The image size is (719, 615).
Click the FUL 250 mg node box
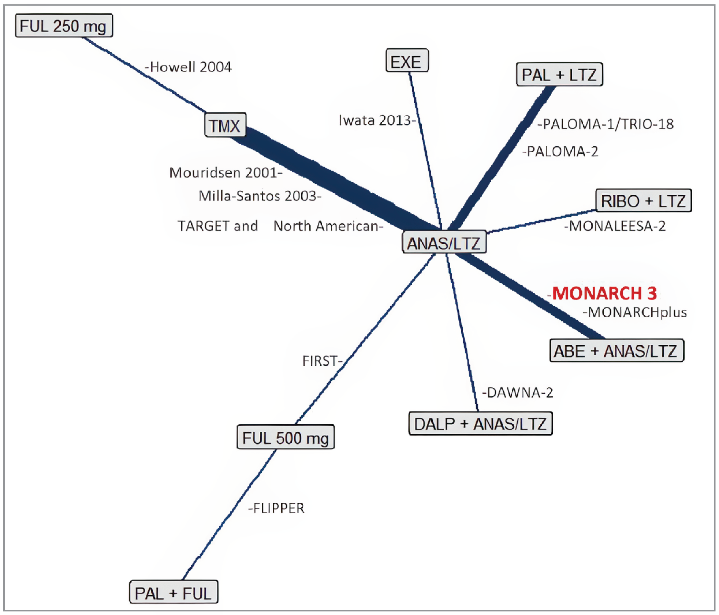pyautogui.click(x=64, y=26)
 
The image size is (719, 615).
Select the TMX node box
pyautogui.click(x=225, y=125)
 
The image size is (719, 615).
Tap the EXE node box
pyautogui.click(x=407, y=61)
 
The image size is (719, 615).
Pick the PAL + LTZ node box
pyautogui.click(x=559, y=75)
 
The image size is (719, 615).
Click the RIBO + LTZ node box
pyautogui.click(x=643, y=201)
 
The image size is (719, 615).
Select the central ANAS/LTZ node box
pyautogui.click(x=444, y=242)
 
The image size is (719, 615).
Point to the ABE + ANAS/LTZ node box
pyautogui.click(x=616, y=351)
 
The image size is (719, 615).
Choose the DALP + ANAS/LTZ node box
pyautogui.click(x=480, y=424)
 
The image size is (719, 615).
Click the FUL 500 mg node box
pyautogui.click(x=286, y=437)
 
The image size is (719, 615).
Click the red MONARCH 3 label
pyautogui.click(x=604, y=294)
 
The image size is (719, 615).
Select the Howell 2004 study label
pyautogui.click(x=190, y=67)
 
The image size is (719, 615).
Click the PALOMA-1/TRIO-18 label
pyautogui.click(x=607, y=124)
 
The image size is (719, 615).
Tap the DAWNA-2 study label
pyautogui.click(x=519, y=392)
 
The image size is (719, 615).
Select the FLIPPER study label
pyautogui.click(x=278, y=508)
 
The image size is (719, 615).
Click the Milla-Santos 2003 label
pyautogui.click(x=259, y=196)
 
